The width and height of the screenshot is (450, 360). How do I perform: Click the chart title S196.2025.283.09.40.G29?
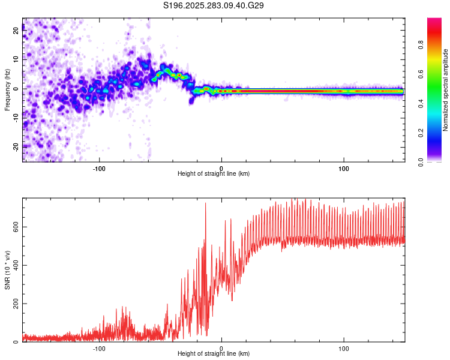coord(214,5)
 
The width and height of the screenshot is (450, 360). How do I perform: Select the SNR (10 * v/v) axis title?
coord(8,270)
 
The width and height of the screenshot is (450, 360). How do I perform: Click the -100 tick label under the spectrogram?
coord(99,168)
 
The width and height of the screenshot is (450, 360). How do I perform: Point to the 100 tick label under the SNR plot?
coord(344,348)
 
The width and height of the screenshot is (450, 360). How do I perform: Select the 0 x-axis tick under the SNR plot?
coord(221,348)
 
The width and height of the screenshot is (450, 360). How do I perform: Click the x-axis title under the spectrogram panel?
coord(214,174)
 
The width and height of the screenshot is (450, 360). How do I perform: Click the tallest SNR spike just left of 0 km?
coord(205,203)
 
